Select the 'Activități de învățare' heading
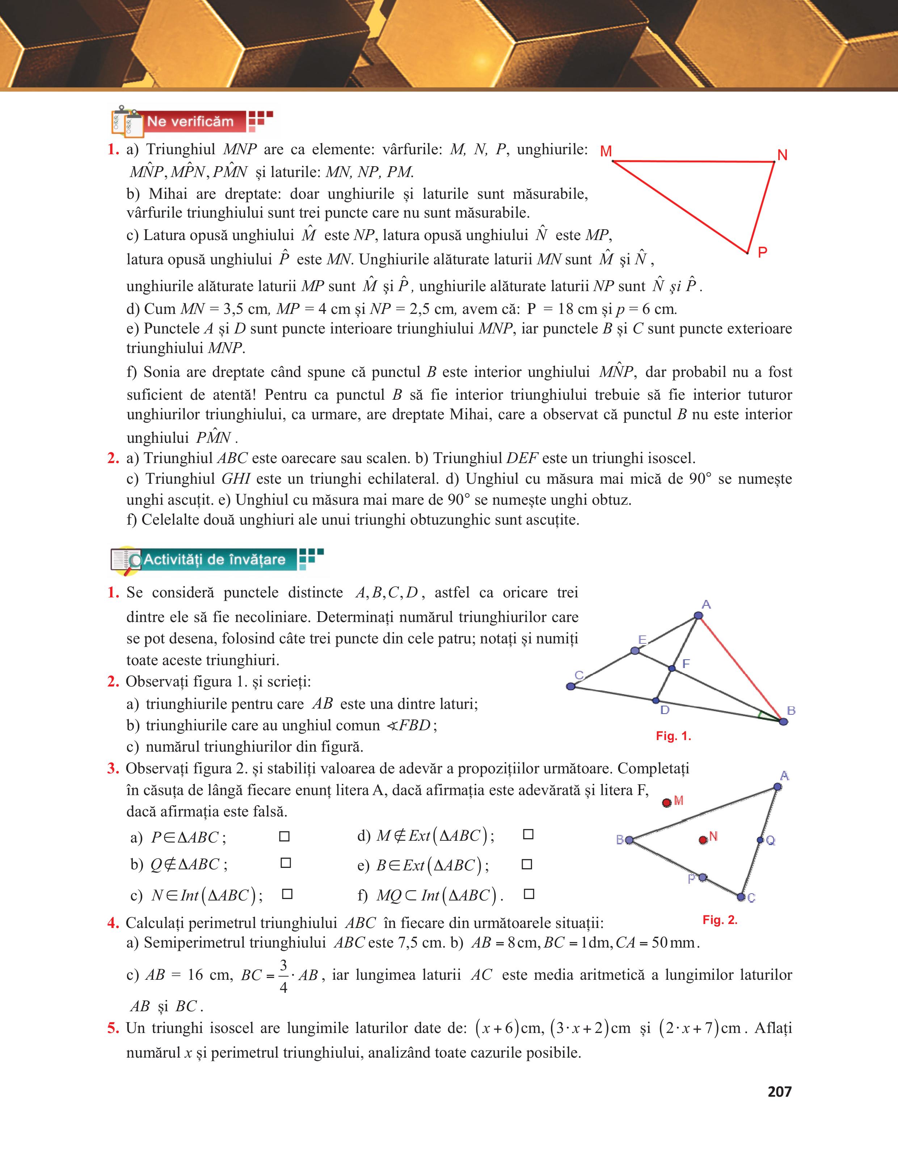pyautogui.click(x=214, y=559)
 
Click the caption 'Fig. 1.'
pyautogui.click(x=673, y=736)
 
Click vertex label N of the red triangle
pyautogui.click(x=782, y=155)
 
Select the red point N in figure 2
pyautogui.click(x=703, y=840)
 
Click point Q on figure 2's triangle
pyautogui.click(x=760, y=840)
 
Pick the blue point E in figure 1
pyautogui.click(x=635, y=651)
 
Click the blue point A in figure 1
pyautogui.click(x=698, y=616)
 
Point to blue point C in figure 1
pyautogui.click(x=570, y=686)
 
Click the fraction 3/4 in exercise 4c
pyautogui.click(x=283, y=975)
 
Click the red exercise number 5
pyautogui.click(x=113, y=1029)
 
